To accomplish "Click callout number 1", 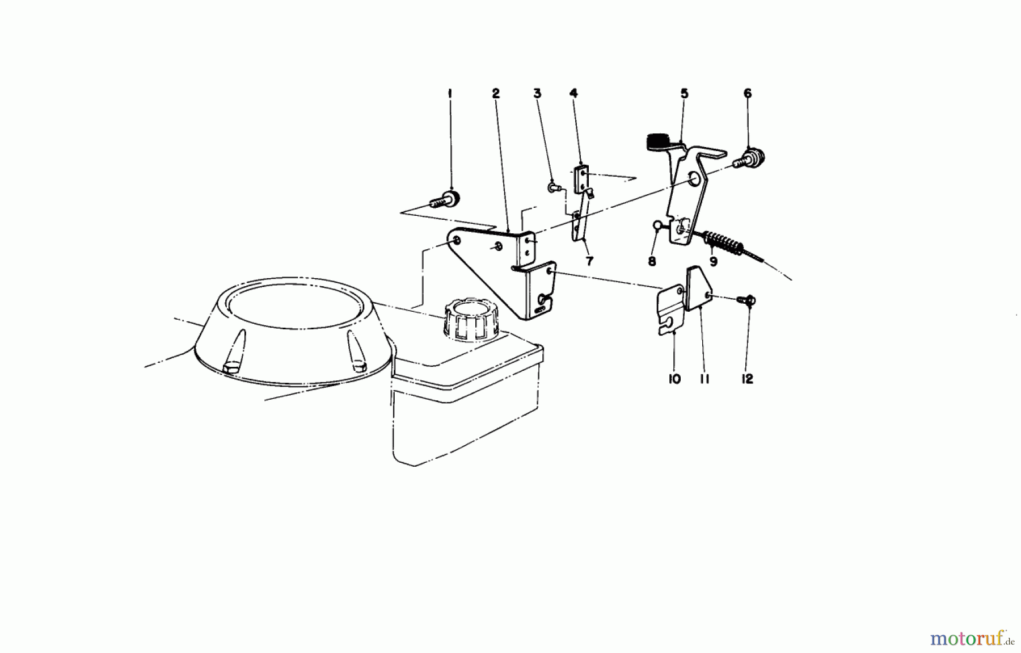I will point(450,93).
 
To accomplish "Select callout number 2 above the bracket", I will point(496,93).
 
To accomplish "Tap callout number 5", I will point(684,93).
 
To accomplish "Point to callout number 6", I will point(748,93).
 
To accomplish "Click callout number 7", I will point(589,261).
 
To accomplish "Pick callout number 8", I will point(652,261).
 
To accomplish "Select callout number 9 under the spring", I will point(714,261).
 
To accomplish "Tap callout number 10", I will point(674,379).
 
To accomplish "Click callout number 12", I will point(748,379).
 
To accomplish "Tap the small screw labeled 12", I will point(748,299).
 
